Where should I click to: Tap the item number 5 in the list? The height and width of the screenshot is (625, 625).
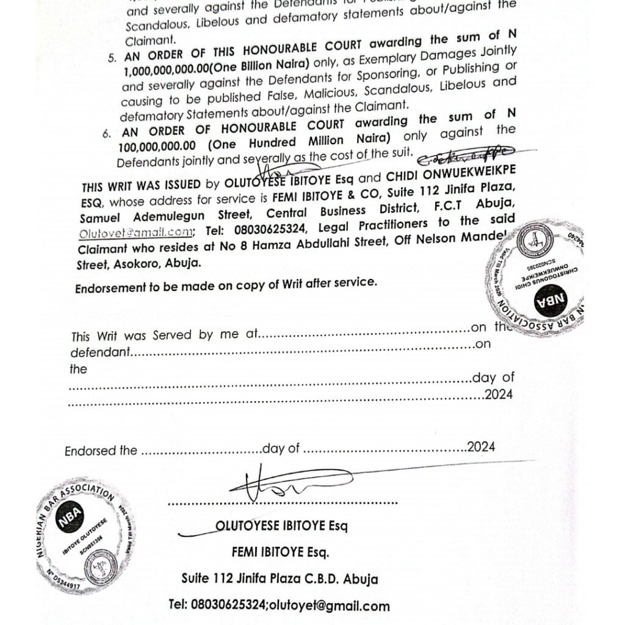click(112, 59)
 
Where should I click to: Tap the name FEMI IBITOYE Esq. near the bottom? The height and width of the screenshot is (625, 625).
click(280, 552)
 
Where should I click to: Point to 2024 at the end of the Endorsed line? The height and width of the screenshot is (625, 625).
click(481, 447)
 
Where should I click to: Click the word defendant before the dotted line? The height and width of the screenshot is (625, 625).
click(100, 353)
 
